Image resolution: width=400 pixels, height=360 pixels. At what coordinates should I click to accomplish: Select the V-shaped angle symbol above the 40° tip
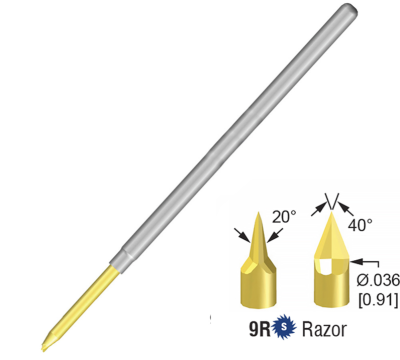point(334,200)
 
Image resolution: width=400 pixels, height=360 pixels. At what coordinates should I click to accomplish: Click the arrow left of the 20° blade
point(243,234)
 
